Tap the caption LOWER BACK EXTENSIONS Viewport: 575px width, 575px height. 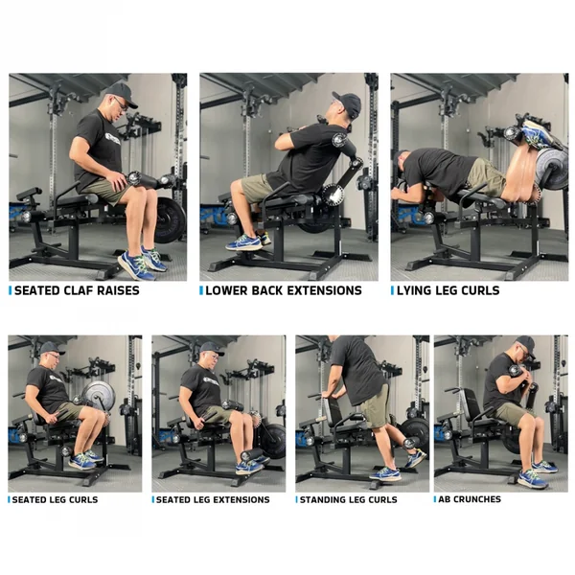(284, 290)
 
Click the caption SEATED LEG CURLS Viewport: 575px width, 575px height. (56, 499)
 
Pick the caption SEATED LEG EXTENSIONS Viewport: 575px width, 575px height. (213, 499)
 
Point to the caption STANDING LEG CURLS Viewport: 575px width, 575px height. (347, 499)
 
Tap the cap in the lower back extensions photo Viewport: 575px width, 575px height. (348, 102)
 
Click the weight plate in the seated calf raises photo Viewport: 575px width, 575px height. (170, 219)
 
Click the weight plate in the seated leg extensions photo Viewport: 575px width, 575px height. (272, 441)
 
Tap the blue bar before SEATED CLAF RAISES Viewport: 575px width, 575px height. (11, 290)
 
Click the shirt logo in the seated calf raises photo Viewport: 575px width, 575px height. (113, 138)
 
